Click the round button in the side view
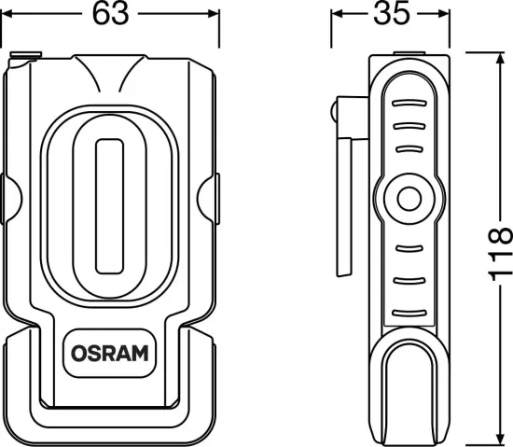click(x=407, y=199)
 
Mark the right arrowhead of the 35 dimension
click(x=440, y=16)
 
